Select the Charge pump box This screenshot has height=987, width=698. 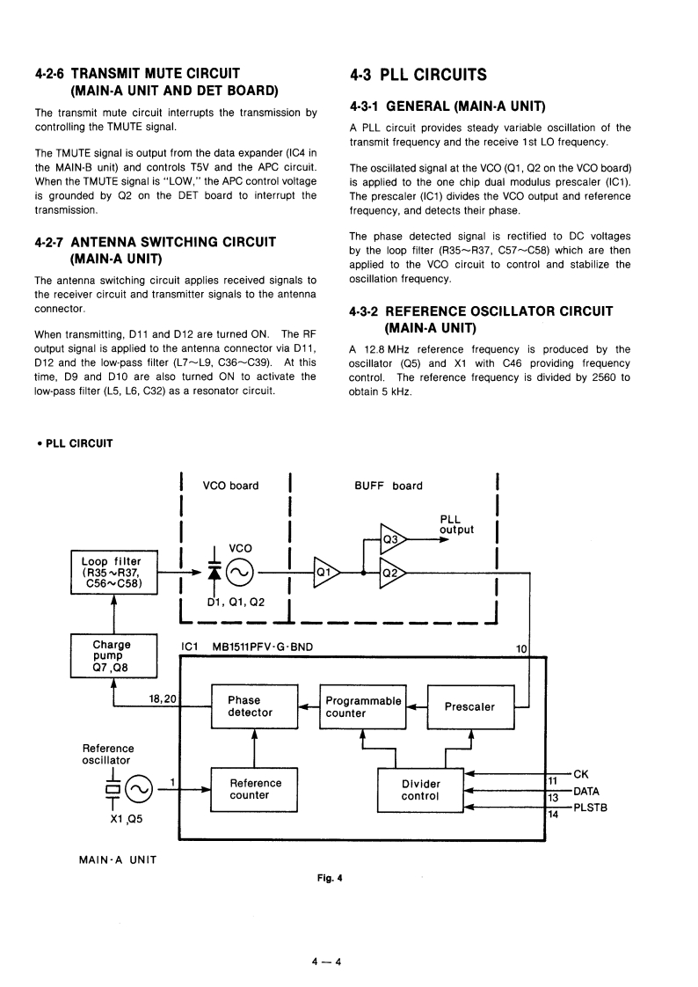point(113,655)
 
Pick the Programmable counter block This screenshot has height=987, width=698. point(363,706)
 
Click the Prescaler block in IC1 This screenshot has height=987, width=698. point(470,706)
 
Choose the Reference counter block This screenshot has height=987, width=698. point(255,789)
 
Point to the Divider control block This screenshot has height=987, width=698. point(420,789)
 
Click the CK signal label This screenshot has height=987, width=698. point(580,774)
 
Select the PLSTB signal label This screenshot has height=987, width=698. point(590,807)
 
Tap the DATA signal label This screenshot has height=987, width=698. point(586,791)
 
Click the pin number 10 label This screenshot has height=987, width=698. point(521,648)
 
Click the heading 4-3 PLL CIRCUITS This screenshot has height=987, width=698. point(418,74)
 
